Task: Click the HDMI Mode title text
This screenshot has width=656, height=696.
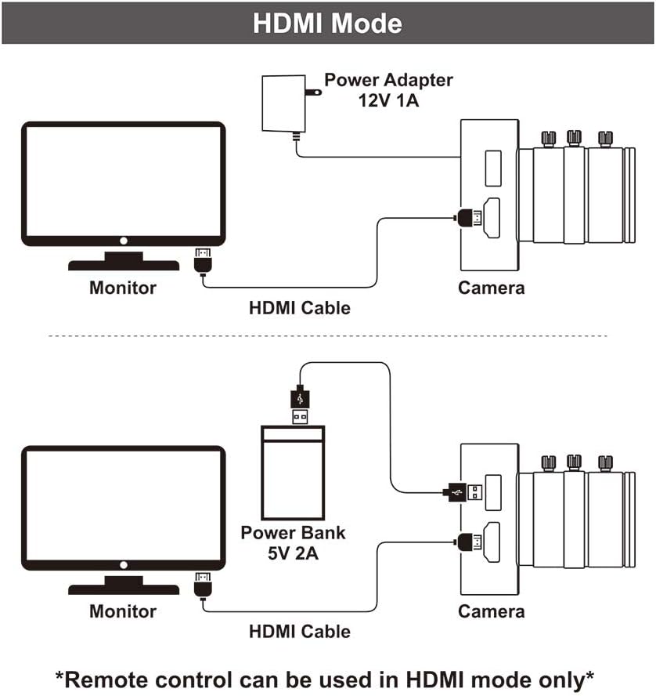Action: [327, 23]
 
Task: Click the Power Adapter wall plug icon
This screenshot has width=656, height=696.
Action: [286, 104]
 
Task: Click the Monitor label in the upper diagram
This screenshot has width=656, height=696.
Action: [122, 288]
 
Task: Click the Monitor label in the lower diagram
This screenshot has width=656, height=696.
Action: [122, 611]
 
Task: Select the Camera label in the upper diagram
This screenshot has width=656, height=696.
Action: [491, 288]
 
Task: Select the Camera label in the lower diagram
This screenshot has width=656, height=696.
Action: [491, 611]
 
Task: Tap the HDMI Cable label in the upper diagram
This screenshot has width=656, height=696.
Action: [299, 308]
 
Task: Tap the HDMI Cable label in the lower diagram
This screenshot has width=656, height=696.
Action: [299, 631]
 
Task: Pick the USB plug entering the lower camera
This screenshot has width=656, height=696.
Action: [463, 492]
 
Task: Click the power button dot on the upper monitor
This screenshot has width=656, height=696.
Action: [123, 241]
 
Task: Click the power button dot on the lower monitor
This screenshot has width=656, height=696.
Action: [123, 565]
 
